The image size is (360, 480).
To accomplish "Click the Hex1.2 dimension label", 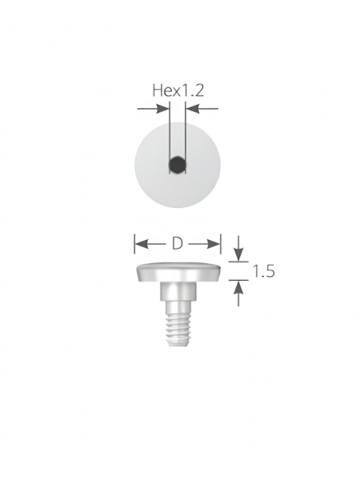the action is pos(178,90).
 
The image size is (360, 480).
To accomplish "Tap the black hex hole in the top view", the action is pos(178,165).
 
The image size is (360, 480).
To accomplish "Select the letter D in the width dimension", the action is pos(178,244).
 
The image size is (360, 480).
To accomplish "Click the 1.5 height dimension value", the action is pos(263,271).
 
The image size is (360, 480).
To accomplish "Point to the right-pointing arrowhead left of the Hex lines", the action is pos(162,108).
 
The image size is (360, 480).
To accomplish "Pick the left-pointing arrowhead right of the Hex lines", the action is pos(193,108).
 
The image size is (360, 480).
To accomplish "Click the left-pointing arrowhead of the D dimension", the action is pos(141,244).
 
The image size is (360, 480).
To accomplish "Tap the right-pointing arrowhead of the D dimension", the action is pos(214,244).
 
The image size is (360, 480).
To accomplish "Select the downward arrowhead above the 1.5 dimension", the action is pos(238,254).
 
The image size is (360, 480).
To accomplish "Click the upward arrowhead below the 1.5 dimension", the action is pos(238,287).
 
